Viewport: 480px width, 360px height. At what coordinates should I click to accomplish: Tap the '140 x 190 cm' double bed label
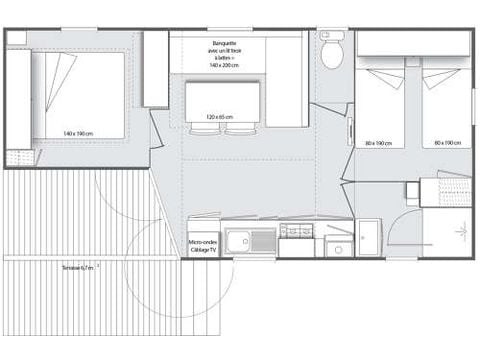[x=77, y=133]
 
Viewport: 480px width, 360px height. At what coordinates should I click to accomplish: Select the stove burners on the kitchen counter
[x=295, y=232]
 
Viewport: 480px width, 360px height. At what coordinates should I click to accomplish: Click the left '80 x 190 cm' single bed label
[x=379, y=143]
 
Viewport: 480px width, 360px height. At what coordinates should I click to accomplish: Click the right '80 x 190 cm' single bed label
[x=447, y=143]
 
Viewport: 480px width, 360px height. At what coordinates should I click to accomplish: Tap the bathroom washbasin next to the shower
[x=367, y=237]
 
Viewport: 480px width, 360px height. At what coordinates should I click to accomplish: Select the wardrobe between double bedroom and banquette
[x=155, y=69]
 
